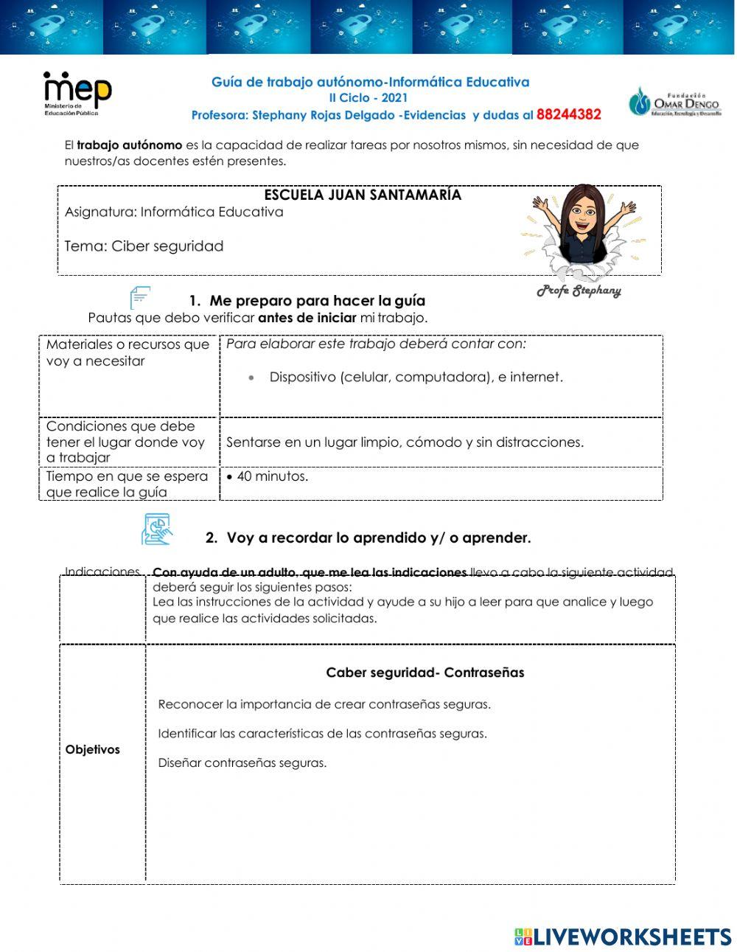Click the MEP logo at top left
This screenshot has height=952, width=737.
coord(77,93)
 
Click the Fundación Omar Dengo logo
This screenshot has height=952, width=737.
coord(674,102)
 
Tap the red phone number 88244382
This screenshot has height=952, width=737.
coord(568,115)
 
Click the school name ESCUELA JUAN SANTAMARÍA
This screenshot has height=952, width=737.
coord(363,195)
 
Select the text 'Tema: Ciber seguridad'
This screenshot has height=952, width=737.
coord(144,246)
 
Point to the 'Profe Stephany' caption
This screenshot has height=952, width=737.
coord(579,291)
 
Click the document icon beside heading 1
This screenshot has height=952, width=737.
coord(140,298)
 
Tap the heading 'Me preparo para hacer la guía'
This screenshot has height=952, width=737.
coord(317,301)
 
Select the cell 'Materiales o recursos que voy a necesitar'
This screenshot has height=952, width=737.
coord(128,353)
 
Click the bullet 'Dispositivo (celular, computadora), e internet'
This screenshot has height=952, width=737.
coord(416,378)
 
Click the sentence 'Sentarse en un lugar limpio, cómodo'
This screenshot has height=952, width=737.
coord(405,442)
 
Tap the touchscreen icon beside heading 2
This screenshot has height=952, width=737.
coord(156,530)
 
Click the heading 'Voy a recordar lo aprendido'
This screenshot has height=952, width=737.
coord(378,538)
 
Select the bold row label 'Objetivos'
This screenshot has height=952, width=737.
coord(92,750)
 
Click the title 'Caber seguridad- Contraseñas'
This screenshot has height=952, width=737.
coord(425,673)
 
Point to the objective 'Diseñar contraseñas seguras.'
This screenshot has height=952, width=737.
coord(242,763)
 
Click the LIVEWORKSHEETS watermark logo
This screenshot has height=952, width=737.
coord(623,937)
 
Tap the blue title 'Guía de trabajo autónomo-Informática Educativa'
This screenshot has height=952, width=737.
coord(370,83)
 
